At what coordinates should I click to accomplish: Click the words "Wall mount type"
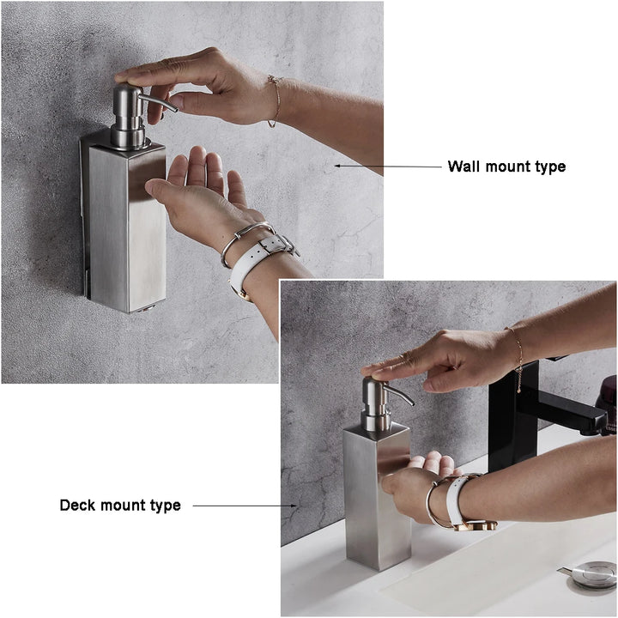click(x=506, y=167)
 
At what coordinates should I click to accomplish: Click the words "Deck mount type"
click(x=120, y=506)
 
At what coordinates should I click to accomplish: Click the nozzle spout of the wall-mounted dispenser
click(x=159, y=102)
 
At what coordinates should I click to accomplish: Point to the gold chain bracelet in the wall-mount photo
click(x=276, y=101)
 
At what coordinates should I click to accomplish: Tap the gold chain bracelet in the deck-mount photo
click(x=518, y=358)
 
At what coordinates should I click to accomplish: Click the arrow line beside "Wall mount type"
click(x=388, y=167)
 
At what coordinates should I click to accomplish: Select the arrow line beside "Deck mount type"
click(x=245, y=506)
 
